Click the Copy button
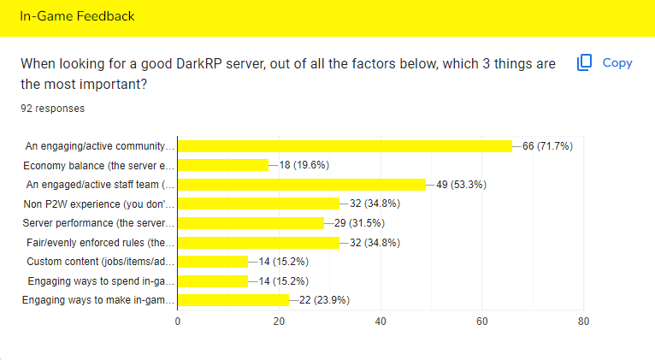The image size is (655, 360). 605,62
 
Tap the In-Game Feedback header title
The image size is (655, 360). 77,16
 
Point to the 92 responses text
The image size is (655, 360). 52,109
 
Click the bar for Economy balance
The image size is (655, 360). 222,165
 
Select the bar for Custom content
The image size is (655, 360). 213,261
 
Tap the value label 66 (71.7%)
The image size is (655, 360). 547,146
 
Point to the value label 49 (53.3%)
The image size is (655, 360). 461,185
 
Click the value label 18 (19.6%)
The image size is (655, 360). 304,165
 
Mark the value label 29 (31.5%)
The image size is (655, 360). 360,223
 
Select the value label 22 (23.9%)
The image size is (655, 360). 325,300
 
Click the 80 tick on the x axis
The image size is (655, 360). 583,322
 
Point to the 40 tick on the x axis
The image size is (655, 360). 381,322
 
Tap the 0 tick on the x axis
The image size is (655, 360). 178,322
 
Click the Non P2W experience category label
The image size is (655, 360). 99,204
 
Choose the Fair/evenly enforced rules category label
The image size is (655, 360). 99,242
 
